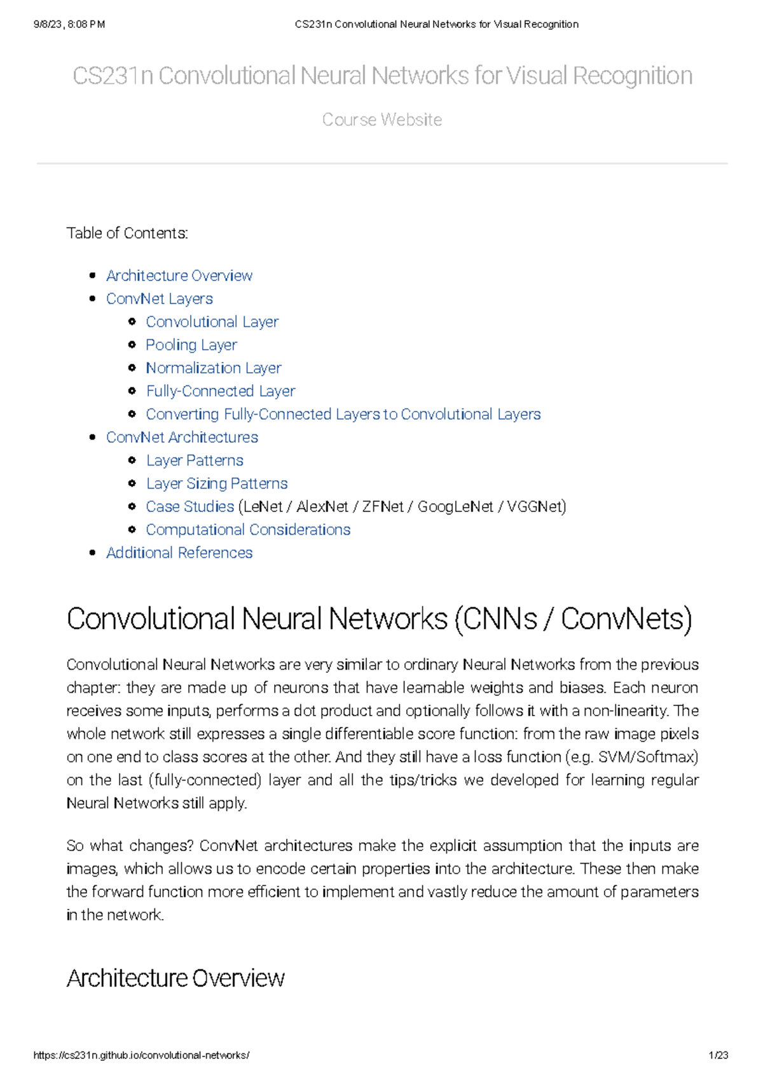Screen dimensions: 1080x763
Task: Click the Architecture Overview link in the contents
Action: pyautogui.click(x=179, y=275)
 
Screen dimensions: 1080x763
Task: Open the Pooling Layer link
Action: pyautogui.click(x=191, y=345)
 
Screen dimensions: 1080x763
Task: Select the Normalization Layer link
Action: pyautogui.click(x=213, y=368)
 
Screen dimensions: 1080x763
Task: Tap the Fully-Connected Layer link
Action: pyautogui.click(x=220, y=391)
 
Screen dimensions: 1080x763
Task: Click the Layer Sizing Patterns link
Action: pyautogui.click(x=216, y=483)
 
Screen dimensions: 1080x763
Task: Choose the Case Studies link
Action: pyautogui.click(x=189, y=506)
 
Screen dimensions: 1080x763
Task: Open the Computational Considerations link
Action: pyautogui.click(x=248, y=530)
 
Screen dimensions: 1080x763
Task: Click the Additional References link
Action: pyautogui.click(x=179, y=553)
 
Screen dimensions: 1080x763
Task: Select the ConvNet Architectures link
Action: pyautogui.click(x=182, y=438)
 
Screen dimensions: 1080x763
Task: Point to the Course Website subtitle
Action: pyautogui.click(x=381, y=120)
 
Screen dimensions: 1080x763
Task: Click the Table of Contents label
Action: pyautogui.click(x=127, y=233)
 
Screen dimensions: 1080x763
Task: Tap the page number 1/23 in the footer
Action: pyautogui.click(x=718, y=1055)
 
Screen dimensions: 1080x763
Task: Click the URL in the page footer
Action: pyautogui.click(x=141, y=1055)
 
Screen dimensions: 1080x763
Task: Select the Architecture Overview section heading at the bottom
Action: pyautogui.click(x=175, y=978)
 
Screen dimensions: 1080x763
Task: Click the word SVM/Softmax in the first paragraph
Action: pyautogui.click(x=666, y=757)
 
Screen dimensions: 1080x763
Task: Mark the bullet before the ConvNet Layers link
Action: pyautogui.click(x=93, y=299)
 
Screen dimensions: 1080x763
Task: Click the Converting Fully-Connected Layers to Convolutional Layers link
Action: pyautogui.click(x=343, y=414)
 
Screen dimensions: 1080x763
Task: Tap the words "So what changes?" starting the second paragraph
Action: pyautogui.click(x=129, y=846)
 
